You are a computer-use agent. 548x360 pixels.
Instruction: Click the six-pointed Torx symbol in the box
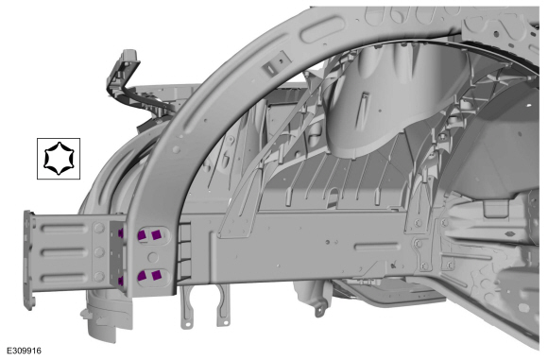59,159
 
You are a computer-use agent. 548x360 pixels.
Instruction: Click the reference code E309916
25,351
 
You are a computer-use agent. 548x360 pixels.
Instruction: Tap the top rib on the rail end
64,229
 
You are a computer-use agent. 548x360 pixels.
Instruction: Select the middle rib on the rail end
64,252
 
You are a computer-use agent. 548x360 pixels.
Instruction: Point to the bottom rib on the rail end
64,278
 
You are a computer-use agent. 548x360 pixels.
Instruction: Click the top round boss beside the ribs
99,228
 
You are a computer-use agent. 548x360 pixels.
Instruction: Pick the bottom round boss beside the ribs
99,277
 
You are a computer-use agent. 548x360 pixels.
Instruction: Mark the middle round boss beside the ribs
99,252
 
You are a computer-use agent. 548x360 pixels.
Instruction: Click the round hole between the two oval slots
153,257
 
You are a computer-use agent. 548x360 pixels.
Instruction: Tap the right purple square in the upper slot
156,234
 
